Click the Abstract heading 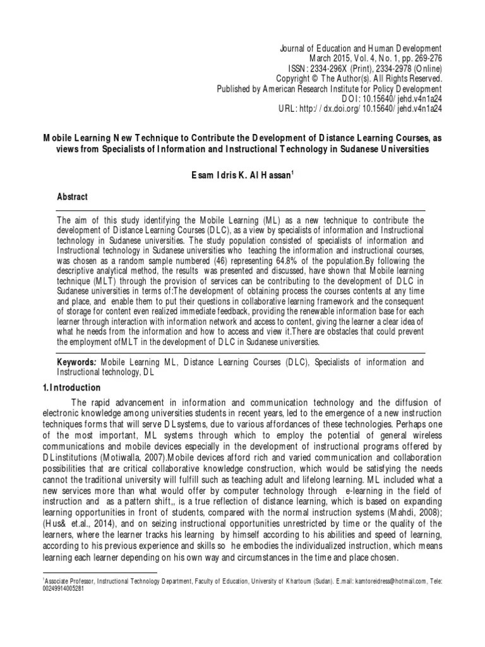coord(73,197)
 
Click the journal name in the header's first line coord(360,48)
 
